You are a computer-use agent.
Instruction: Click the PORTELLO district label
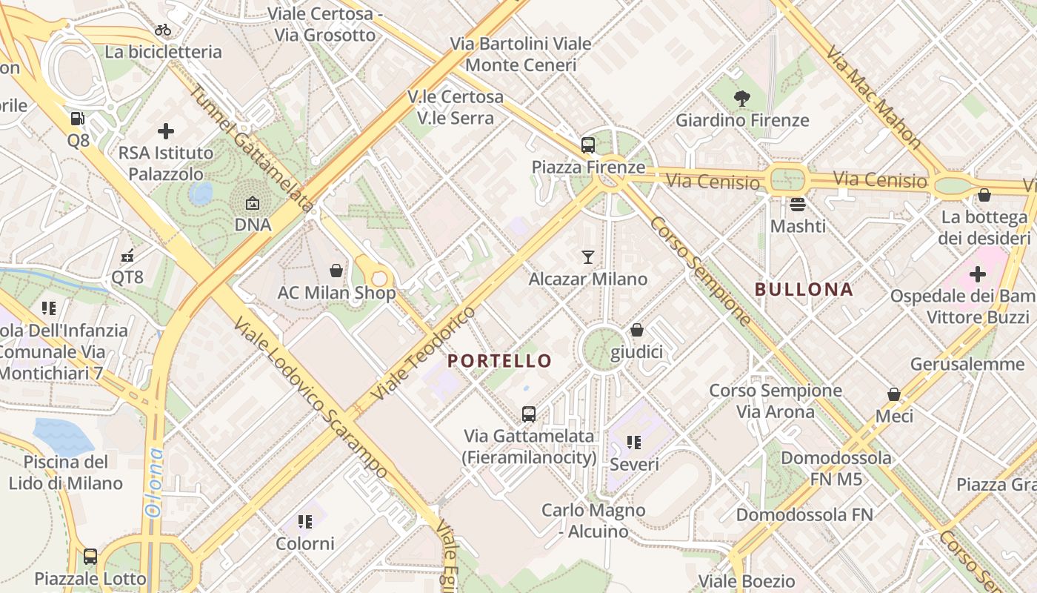coord(500,361)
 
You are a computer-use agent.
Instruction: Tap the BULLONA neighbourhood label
coord(804,289)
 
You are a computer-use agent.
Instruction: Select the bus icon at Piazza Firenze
coord(588,145)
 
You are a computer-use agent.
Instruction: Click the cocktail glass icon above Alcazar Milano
coord(588,257)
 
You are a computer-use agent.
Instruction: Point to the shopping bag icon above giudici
coord(637,330)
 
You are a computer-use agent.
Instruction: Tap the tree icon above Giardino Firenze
coord(741,98)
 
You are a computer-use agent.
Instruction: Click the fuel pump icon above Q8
coord(78,119)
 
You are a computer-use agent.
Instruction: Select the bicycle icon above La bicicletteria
coord(163,30)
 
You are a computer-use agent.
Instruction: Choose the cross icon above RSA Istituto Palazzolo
coord(166,131)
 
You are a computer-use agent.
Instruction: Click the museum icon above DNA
coord(253,202)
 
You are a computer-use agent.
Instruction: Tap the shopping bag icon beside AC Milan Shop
coord(336,271)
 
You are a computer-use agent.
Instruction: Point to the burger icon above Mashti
coord(798,204)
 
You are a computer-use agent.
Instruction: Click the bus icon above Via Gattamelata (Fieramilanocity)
coord(529,414)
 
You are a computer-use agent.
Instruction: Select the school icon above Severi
coord(634,443)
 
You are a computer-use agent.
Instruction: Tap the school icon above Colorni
coord(305,522)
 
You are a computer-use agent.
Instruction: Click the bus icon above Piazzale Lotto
coord(90,556)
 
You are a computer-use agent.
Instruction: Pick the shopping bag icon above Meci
coord(894,394)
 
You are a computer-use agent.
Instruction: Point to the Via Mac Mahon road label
coord(874,96)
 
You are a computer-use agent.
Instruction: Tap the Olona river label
coord(154,482)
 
